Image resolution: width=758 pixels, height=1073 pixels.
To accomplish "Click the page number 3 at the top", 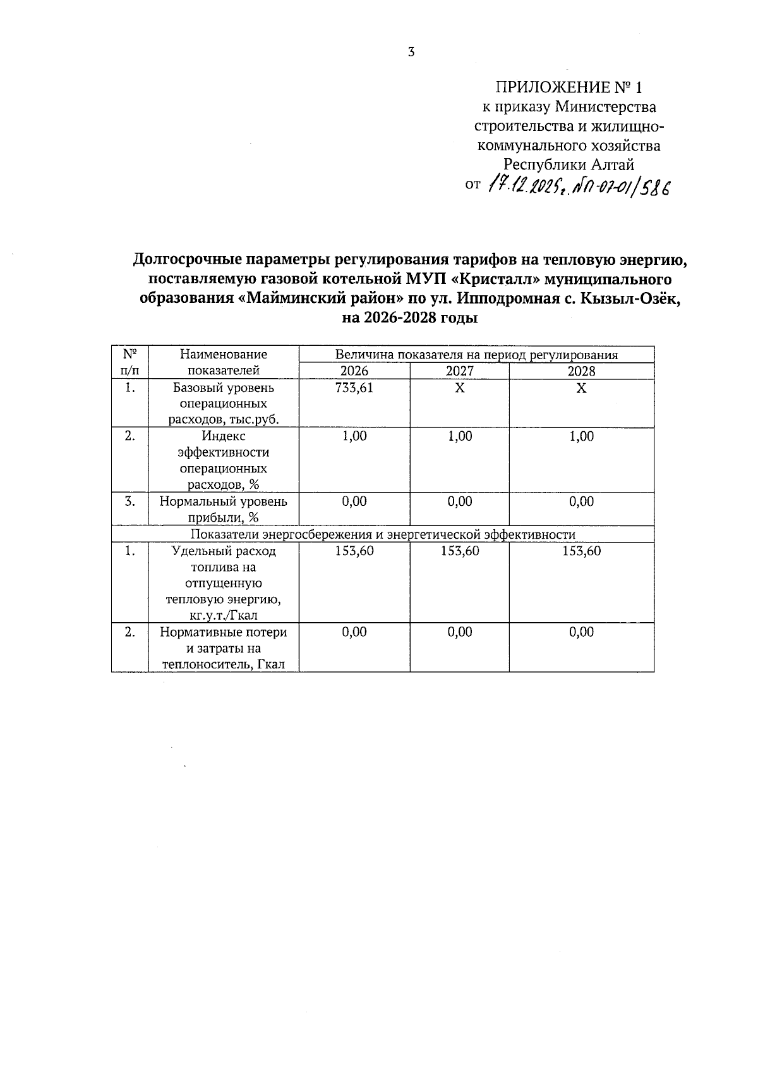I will coord(411,52).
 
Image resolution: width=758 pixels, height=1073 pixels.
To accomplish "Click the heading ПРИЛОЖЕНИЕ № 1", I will coord(572,87).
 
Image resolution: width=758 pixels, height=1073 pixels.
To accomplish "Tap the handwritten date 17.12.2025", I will coord(526,186).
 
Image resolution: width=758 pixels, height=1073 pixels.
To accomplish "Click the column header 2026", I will coord(354,371).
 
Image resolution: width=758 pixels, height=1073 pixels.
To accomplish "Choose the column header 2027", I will coord(459,371).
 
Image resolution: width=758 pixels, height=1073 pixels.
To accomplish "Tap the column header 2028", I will coord(581,371).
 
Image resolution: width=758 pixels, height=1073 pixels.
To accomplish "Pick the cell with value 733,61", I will coord(354,388).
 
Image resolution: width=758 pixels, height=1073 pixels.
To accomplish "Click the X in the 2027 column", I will coord(459,388).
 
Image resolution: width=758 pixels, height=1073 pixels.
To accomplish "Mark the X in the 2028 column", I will coord(581,388).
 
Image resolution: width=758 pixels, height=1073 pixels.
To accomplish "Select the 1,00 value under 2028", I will coord(581,436).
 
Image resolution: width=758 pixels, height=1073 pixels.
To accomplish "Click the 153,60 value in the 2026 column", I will coord(354,551).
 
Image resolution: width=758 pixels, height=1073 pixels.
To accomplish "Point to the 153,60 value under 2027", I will coord(459,551).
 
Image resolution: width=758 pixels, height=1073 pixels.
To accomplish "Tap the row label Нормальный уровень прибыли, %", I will coord(223,510).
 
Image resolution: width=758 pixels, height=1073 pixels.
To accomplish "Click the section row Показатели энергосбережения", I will coord(383,535).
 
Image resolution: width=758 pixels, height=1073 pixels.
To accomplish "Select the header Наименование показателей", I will coord(223,363).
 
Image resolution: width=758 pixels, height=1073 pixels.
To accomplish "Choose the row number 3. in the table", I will coord(130,502).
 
